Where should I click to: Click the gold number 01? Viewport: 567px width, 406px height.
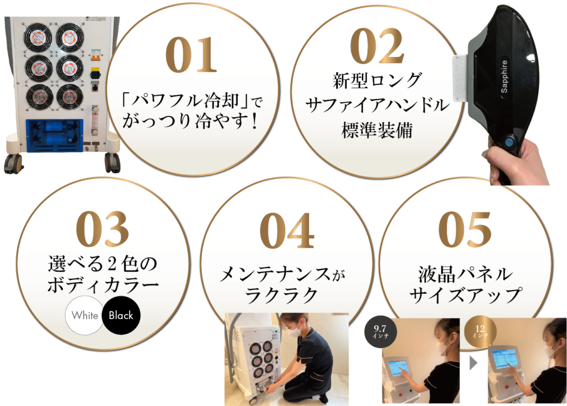(191, 55)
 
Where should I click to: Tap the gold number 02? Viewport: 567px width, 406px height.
(377, 46)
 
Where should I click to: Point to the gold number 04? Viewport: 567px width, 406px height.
(287, 231)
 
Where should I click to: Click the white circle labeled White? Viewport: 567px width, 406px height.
(85, 315)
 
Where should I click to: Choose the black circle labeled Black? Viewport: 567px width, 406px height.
(121, 315)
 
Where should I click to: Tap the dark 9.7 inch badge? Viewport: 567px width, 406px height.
(380, 331)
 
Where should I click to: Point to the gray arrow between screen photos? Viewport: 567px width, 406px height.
(473, 363)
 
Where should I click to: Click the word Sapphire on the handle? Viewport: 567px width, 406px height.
(504, 77)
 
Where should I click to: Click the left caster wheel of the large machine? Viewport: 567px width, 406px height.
(13, 164)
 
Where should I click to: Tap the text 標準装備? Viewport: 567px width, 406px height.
(377, 129)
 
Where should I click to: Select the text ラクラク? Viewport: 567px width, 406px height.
(281, 296)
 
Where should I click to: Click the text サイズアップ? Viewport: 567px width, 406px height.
(466, 295)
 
